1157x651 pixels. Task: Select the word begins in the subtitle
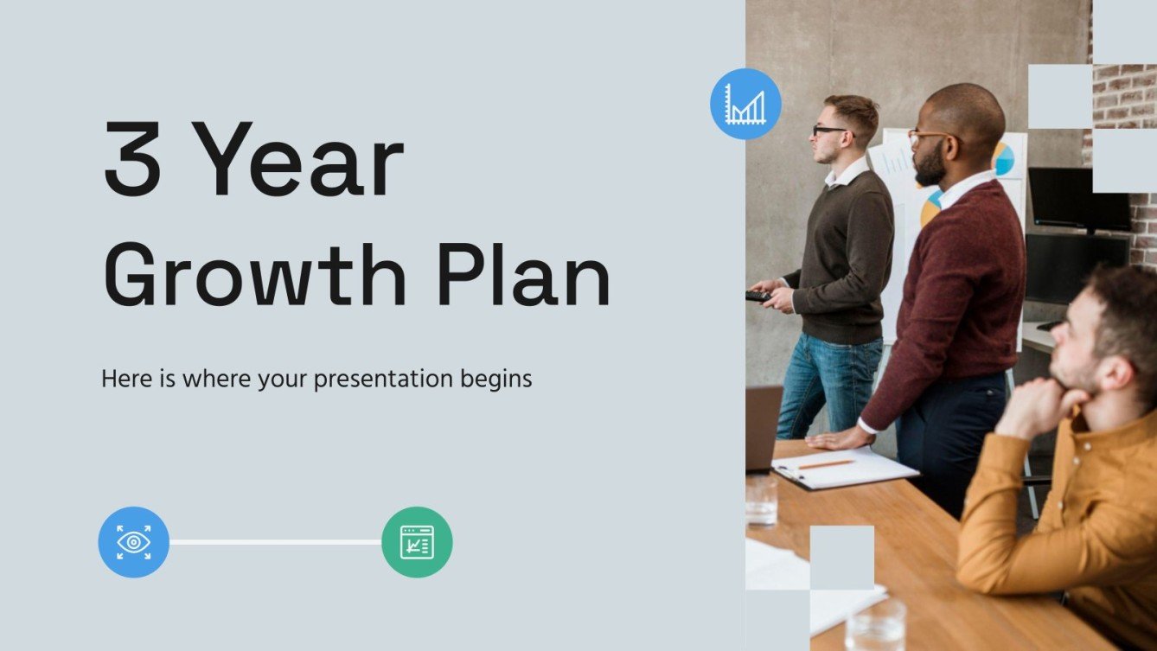click(x=497, y=380)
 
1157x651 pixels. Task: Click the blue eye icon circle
click(x=133, y=542)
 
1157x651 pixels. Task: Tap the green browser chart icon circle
click(x=417, y=542)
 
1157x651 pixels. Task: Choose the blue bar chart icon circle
click(x=745, y=105)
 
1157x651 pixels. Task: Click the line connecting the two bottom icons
click(x=275, y=542)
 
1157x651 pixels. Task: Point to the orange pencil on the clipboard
click(x=826, y=464)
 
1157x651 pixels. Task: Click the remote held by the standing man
click(x=757, y=296)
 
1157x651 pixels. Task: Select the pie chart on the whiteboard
click(x=1003, y=160)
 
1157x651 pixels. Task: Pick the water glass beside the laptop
click(x=761, y=501)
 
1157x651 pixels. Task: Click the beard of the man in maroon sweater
click(x=930, y=165)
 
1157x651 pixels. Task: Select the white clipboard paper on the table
click(x=847, y=468)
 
